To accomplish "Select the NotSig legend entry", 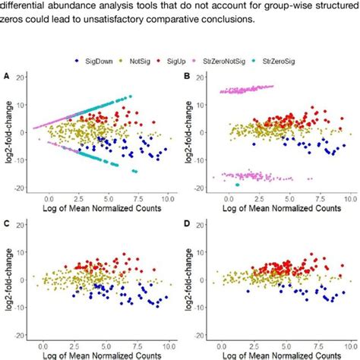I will click(x=141, y=58).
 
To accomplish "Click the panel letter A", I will click(x=8, y=77).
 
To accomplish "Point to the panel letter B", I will click(x=187, y=77).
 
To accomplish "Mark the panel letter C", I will click(x=8, y=224).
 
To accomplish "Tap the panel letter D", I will click(x=187, y=224).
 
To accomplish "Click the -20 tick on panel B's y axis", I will click(x=202, y=188).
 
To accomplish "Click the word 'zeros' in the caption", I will click(x=15, y=21).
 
